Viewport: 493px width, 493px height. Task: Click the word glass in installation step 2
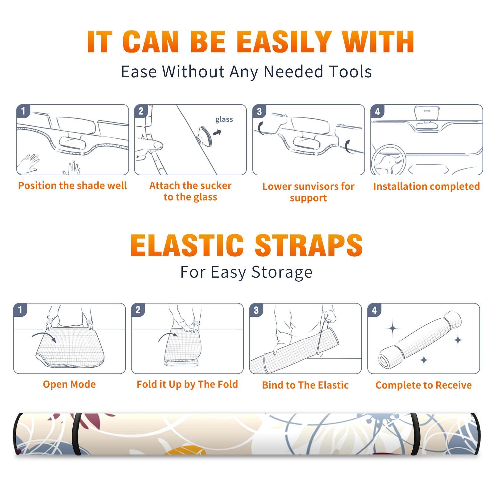pos(224,120)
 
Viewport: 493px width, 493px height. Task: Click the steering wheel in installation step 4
pos(388,160)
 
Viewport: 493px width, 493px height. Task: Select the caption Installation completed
pos(426,186)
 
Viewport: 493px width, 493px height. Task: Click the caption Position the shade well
pos(72,185)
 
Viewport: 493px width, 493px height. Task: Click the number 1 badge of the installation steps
pos(23,111)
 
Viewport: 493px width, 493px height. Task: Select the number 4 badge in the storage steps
pos(374,310)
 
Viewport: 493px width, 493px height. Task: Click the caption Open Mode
pos(69,384)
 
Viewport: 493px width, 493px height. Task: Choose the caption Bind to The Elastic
pos(305,385)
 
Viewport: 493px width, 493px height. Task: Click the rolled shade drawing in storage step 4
pos(420,340)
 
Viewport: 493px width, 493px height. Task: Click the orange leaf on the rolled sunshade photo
pos(185,450)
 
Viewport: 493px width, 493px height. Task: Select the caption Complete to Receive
pos(424,385)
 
